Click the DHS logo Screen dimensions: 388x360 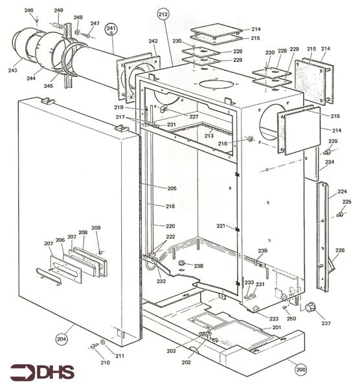42,372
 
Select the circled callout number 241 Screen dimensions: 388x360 111,29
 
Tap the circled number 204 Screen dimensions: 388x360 62,338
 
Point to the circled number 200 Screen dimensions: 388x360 300,371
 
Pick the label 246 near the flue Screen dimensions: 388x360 28,11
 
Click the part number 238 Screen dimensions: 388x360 198,266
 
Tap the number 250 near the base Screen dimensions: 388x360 291,319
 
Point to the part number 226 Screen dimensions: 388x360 340,250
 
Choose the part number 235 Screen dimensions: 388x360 333,141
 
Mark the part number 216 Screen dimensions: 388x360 240,143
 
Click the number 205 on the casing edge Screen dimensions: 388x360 172,188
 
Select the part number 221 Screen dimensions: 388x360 221,226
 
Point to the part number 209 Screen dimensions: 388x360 96,228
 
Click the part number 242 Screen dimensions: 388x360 153,41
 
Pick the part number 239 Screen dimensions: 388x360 262,250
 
